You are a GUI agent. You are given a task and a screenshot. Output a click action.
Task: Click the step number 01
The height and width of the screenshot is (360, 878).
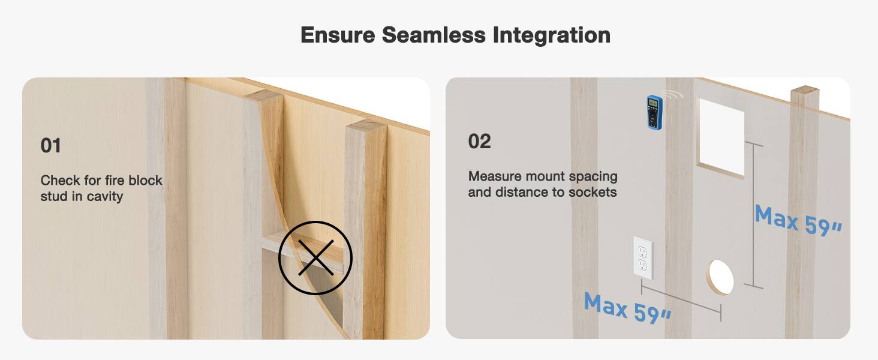point(51,145)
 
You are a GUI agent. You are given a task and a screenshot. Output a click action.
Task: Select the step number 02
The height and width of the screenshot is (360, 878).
point(479,142)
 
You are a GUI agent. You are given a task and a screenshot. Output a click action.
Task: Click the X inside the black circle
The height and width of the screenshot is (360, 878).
point(315,258)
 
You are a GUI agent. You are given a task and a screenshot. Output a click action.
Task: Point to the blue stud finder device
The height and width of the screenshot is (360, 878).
point(654,112)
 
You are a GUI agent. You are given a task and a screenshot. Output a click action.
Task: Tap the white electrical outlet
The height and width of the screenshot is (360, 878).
point(643,258)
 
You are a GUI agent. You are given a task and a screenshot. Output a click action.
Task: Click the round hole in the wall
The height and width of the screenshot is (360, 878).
point(720,277)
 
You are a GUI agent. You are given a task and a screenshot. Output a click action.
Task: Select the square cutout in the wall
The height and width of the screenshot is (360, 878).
point(721,138)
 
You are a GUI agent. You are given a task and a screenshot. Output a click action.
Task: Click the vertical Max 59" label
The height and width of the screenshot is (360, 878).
point(798,221)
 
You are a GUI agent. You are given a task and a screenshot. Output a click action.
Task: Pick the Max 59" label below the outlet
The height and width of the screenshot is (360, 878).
point(627,307)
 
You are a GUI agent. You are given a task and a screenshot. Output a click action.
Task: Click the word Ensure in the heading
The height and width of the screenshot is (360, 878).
point(337,35)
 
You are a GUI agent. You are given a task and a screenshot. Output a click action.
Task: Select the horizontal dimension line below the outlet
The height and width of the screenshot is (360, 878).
point(681,299)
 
